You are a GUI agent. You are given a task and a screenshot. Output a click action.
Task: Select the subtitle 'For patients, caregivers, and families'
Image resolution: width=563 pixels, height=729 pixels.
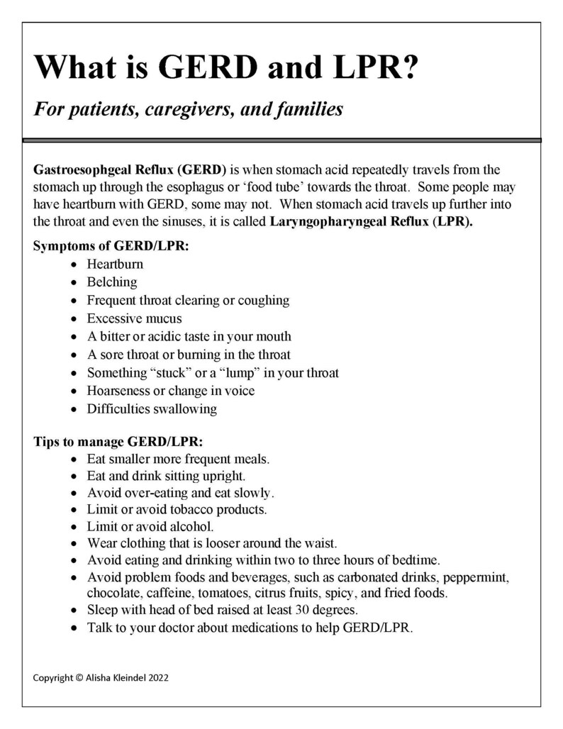(x=189, y=110)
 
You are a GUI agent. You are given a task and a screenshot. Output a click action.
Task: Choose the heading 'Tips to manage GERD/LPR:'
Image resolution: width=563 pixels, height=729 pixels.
(x=108, y=440)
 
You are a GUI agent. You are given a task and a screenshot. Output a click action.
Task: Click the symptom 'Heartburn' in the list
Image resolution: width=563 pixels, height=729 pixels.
(x=115, y=264)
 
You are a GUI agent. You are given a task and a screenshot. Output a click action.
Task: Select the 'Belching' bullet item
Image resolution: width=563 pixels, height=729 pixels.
(x=112, y=282)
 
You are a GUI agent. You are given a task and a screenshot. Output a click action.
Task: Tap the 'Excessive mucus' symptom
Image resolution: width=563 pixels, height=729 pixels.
(x=134, y=318)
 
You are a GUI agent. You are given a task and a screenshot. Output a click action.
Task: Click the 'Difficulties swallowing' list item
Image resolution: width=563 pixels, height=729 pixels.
(x=152, y=409)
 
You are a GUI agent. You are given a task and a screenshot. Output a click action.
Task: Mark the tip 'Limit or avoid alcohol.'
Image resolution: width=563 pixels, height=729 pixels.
(x=150, y=527)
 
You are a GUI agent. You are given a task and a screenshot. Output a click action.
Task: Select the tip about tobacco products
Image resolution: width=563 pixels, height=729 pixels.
(x=177, y=509)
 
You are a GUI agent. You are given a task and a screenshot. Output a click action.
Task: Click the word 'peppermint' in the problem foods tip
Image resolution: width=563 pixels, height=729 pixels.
(x=477, y=577)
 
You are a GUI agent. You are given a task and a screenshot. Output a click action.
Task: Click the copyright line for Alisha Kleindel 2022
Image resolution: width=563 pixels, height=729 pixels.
(x=101, y=677)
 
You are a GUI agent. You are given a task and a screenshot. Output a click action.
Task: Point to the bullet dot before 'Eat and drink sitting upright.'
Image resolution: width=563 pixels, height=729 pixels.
(x=75, y=477)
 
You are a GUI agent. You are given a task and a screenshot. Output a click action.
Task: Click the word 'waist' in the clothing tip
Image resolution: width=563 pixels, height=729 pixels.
(x=318, y=544)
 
